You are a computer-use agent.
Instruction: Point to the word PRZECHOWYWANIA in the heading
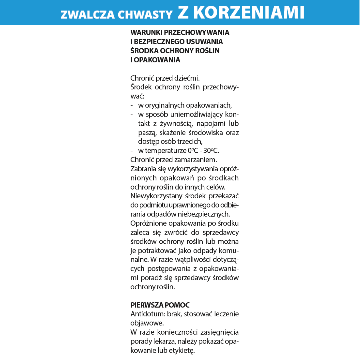196,33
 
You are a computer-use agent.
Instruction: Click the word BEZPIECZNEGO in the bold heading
159,42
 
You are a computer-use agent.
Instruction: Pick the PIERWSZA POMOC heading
160,305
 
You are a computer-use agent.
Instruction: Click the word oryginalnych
161,105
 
